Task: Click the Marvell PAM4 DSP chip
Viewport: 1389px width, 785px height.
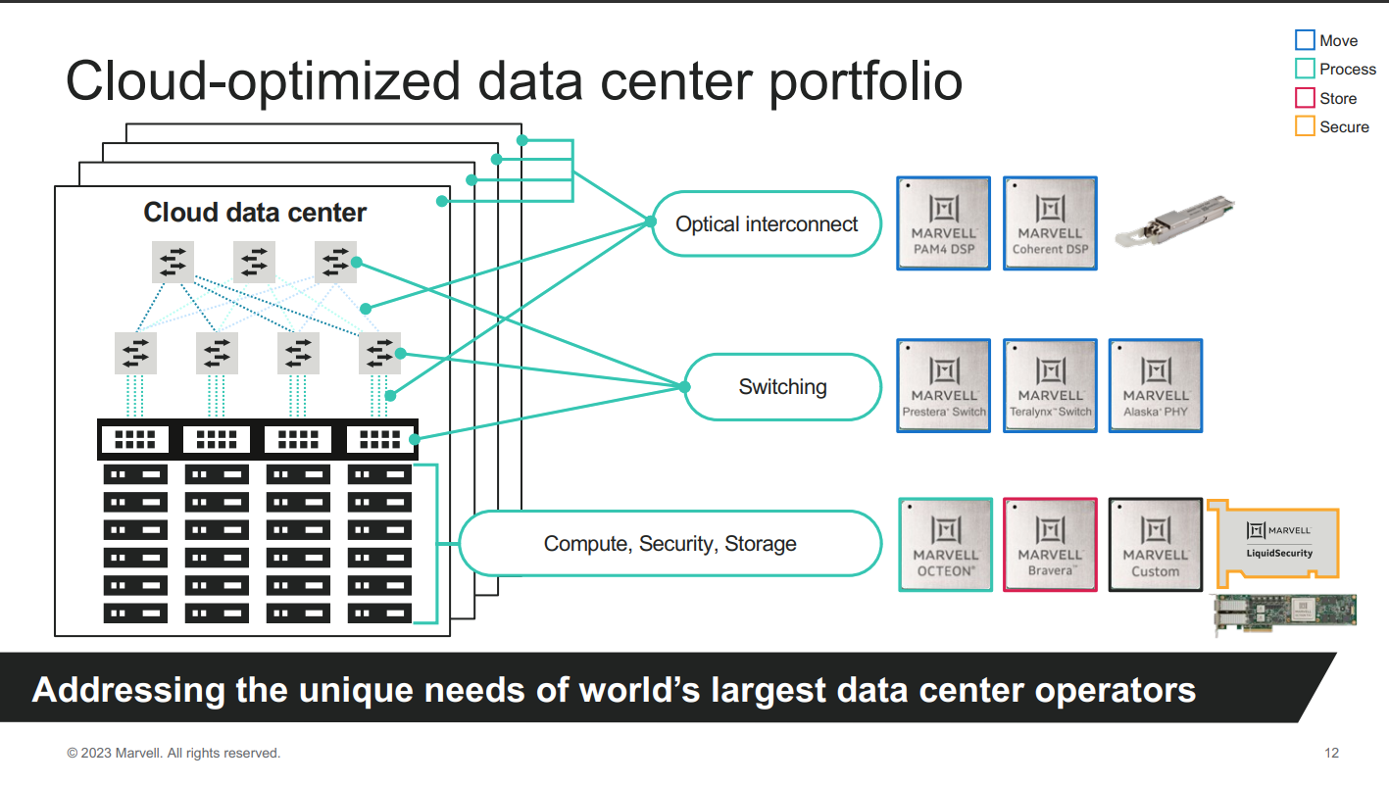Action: pyautogui.click(x=944, y=223)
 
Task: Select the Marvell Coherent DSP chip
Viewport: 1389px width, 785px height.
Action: pyautogui.click(x=1051, y=223)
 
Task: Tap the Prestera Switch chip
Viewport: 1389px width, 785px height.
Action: pyautogui.click(x=944, y=386)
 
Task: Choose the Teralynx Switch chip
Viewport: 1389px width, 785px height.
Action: pyautogui.click(x=1051, y=386)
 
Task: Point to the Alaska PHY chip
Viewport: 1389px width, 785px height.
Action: pyautogui.click(x=1155, y=386)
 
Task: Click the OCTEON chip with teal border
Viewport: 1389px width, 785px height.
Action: pyautogui.click(x=946, y=545)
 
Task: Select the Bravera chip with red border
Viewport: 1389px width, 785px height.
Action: pyautogui.click(x=1051, y=545)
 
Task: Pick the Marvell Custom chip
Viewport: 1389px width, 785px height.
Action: pyautogui.click(x=1155, y=545)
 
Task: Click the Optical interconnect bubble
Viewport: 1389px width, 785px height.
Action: pyautogui.click(x=767, y=224)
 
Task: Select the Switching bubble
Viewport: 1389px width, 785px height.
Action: pyautogui.click(x=782, y=387)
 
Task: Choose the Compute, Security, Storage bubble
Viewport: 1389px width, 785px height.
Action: pyautogui.click(x=670, y=544)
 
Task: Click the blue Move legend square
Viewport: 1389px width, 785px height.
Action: pyautogui.click(x=1305, y=40)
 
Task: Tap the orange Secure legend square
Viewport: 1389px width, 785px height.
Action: pyautogui.click(x=1305, y=126)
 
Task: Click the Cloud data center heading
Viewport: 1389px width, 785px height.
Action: pyautogui.click(x=255, y=213)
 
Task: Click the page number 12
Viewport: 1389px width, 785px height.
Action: pyautogui.click(x=1331, y=753)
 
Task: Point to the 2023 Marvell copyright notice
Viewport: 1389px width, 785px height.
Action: pyautogui.click(x=174, y=753)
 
